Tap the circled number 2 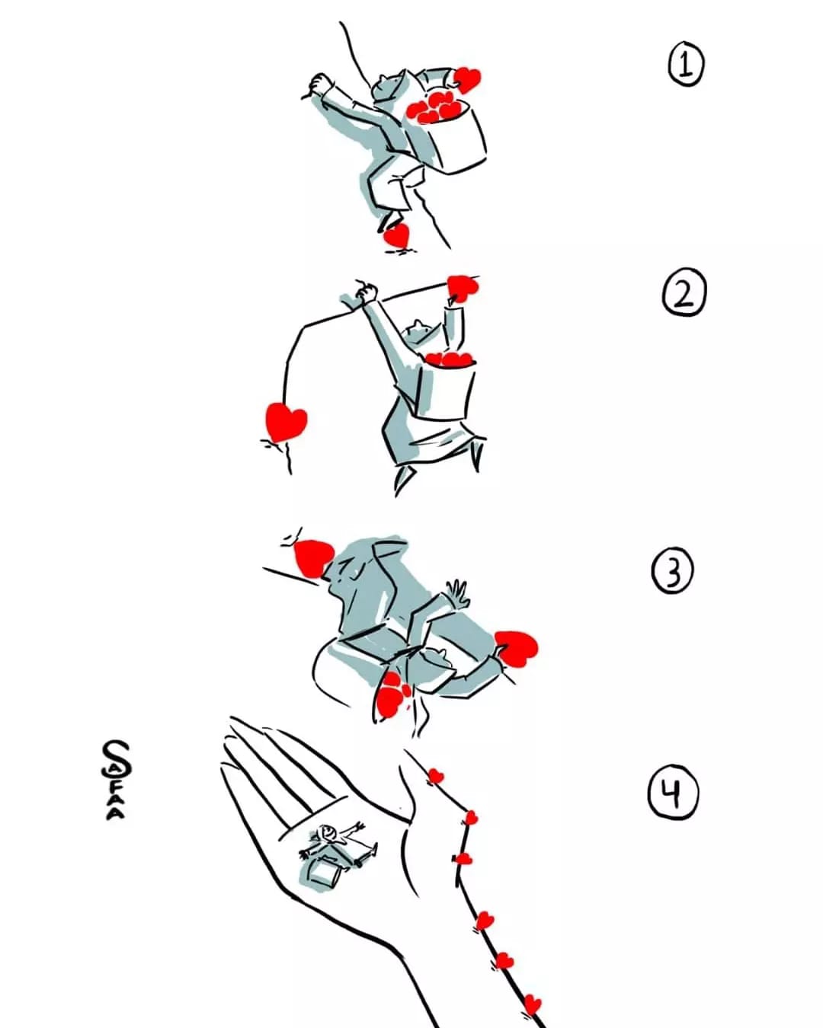(684, 292)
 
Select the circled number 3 (672, 571)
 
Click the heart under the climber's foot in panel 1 (397, 235)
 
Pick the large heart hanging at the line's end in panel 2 (286, 421)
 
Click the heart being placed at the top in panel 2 (462, 287)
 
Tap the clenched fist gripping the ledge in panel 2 (366, 291)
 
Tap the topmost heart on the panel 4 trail (434, 777)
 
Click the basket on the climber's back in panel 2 (446, 388)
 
